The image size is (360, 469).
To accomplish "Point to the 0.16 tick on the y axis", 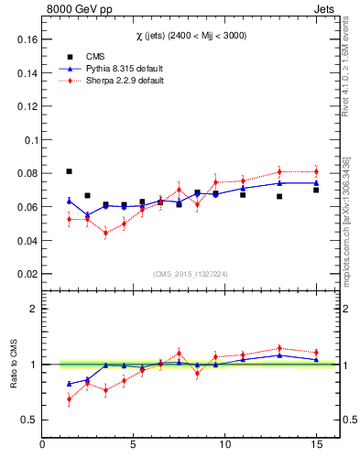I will click(27, 40).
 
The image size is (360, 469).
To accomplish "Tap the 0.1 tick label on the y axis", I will click(29, 140).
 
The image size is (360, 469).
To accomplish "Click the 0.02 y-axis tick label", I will click(27, 274).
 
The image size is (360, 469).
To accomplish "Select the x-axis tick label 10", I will click(224, 445).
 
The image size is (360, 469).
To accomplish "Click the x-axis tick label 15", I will click(316, 445).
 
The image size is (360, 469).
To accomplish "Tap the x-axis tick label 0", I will click(42, 445).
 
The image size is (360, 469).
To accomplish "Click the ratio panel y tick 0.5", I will click(28, 420).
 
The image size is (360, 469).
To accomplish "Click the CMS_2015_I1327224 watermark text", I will click(191, 273).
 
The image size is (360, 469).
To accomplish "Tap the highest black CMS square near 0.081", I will click(69, 171).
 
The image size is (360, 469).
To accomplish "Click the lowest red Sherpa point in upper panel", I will click(105, 233).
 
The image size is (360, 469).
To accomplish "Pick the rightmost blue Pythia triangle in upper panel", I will click(316, 182).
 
